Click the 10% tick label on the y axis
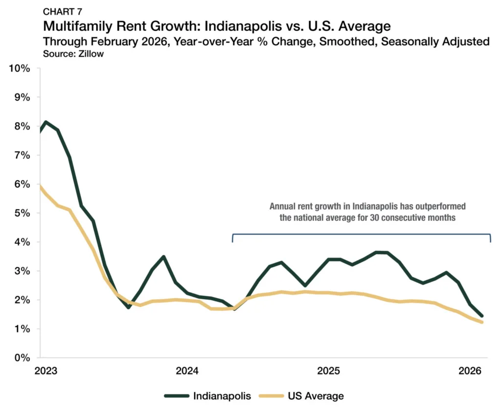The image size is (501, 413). tap(20, 68)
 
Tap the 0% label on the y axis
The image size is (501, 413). tap(23, 358)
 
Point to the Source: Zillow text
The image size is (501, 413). tap(74, 54)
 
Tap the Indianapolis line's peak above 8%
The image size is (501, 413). tap(46, 122)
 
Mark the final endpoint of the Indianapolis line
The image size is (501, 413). tap(481, 316)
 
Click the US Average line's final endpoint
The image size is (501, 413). tap(481, 322)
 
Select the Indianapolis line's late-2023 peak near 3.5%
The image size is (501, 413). tap(163, 257)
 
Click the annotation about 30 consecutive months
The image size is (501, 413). tap(367, 212)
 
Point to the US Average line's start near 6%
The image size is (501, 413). tap(41, 186)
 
